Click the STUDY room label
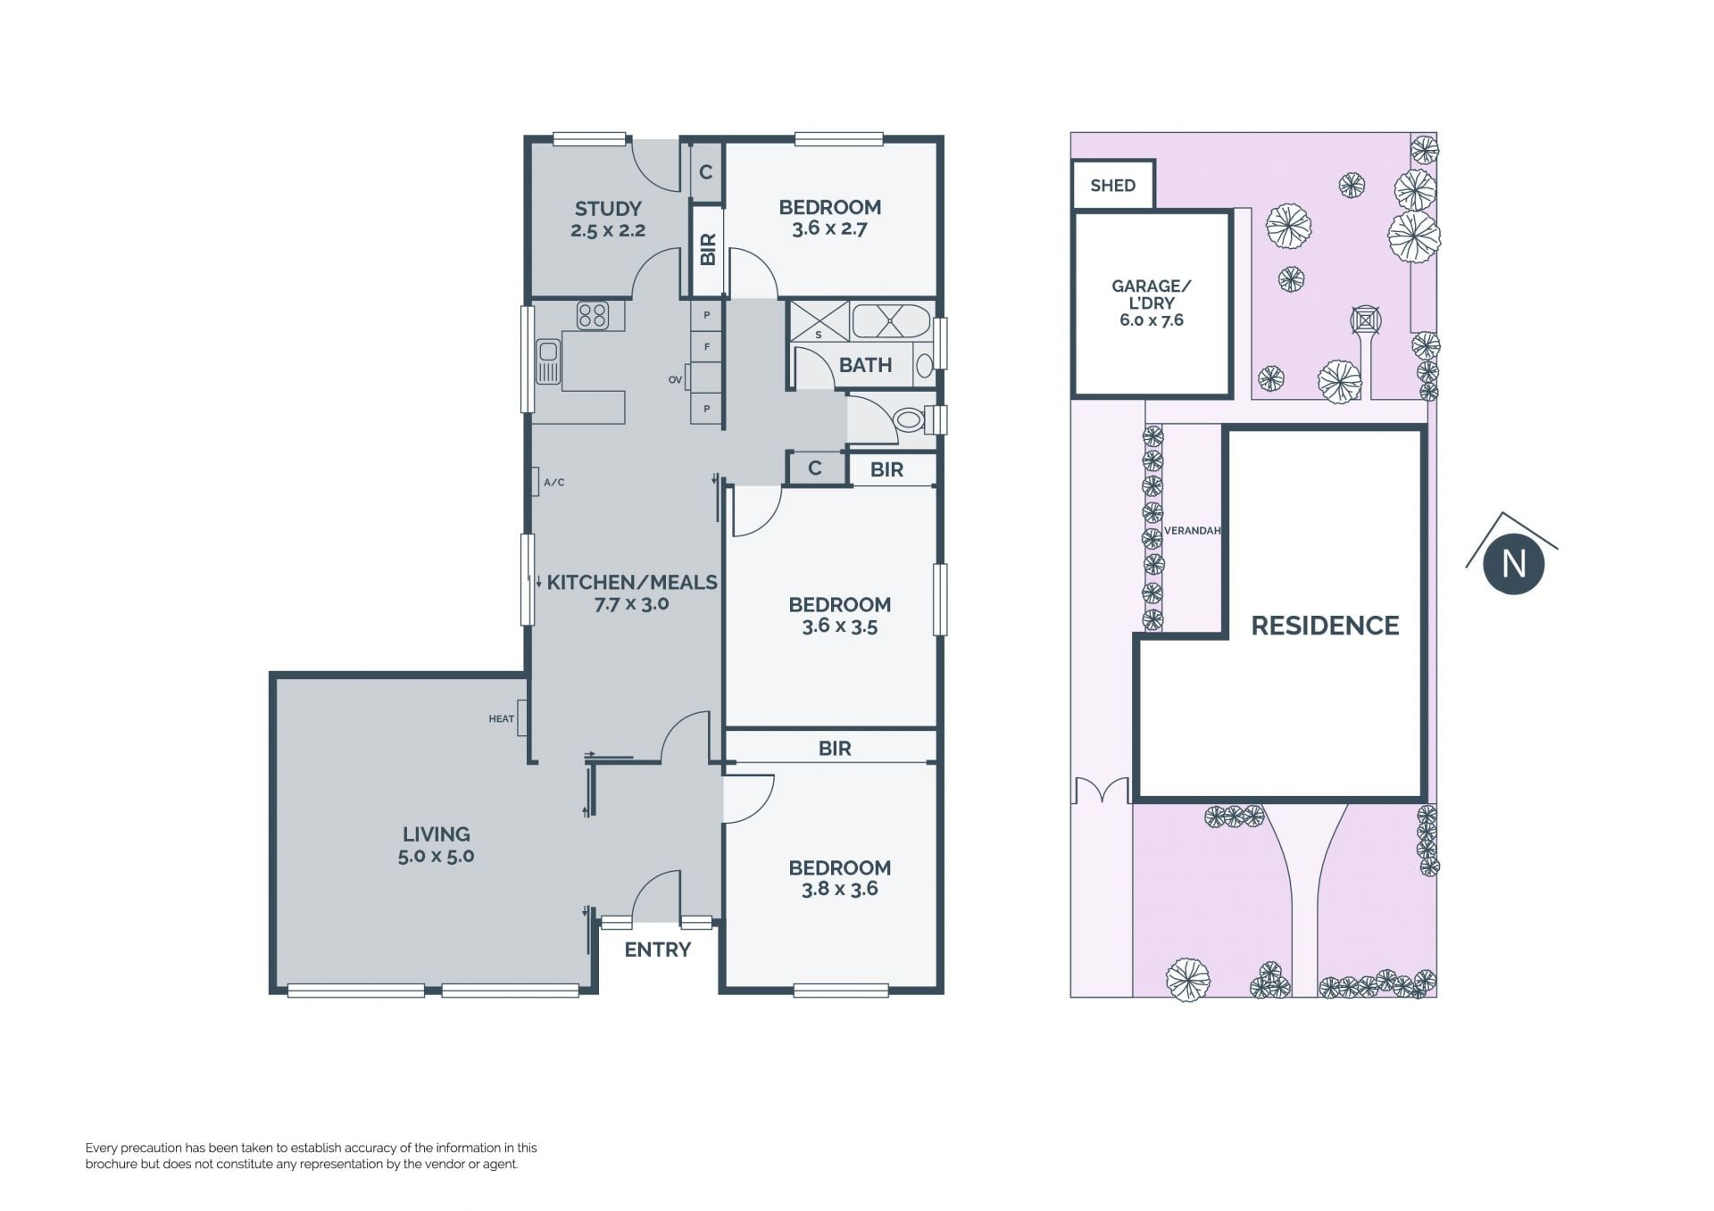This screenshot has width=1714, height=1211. click(608, 209)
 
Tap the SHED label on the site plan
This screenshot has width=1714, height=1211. click(1112, 186)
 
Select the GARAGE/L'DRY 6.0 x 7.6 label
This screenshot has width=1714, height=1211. click(1152, 303)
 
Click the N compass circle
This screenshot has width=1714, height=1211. click(1513, 564)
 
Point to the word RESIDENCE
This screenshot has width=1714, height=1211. click(1325, 626)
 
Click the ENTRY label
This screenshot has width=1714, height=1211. click(657, 950)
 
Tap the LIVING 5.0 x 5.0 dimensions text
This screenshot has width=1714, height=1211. click(436, 856)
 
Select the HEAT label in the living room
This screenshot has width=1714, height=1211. click(501, 718)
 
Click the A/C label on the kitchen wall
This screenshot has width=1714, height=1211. click(553, 482)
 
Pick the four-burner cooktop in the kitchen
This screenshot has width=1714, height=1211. click(592, 315)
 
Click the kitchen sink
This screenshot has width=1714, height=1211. click(548, 361)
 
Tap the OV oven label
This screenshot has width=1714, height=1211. click(675, 379)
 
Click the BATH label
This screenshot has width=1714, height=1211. click(865, 365)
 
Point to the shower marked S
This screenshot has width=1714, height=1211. click(820, 321)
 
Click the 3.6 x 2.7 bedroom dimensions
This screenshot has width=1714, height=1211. click(829, 228)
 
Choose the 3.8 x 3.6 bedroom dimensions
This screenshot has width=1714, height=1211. click(839, 889)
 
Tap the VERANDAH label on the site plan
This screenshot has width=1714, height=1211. click(1192, 531)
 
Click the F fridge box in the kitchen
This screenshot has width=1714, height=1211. click(707, 346)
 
